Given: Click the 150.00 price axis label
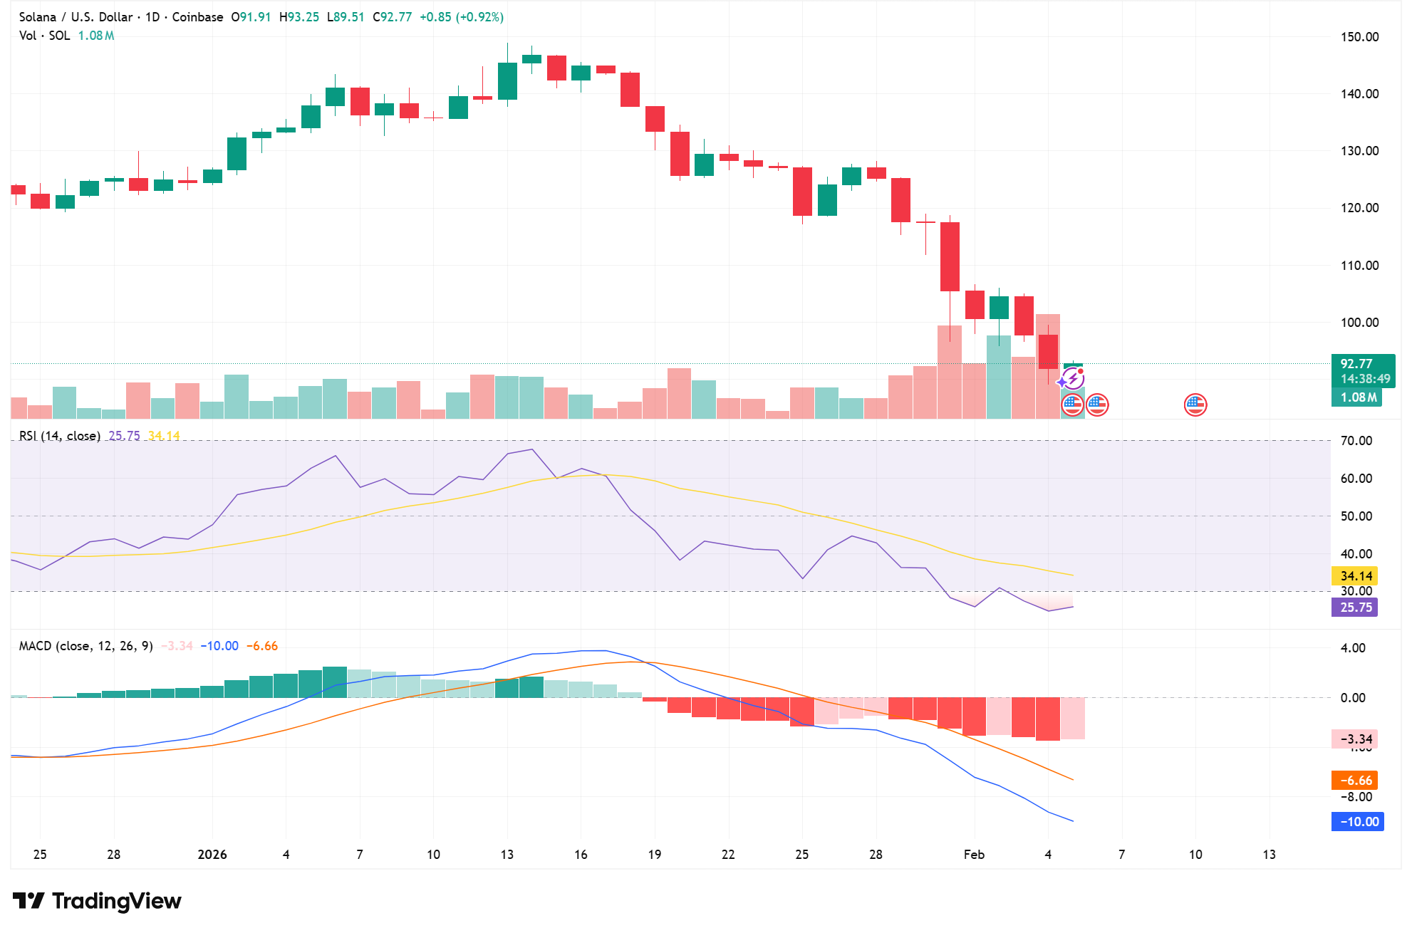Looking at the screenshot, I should coord(1359,37).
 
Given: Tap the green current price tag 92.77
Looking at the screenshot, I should coord(1356,363).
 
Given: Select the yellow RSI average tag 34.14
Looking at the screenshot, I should coord(1356,575).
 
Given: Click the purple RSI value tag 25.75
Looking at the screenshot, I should coord(1356,607).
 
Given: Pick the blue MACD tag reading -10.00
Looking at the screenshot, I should coord(1359,821).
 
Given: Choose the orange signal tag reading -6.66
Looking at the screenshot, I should coord(1356,780).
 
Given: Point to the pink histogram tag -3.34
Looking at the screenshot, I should coord(1356,739).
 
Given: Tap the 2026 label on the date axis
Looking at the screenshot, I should coord(212,854).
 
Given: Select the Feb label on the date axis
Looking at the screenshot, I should coord(974,854).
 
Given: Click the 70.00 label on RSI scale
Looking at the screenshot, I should coord(1356,441).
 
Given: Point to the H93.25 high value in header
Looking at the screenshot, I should coord(299,17).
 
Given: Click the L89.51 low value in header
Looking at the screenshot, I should coord(346,17).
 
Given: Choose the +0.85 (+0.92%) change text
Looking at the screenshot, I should coord(461,17).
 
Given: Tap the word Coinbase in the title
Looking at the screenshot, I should coord(197,17).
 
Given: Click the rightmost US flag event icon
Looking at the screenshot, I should coord(1195,405).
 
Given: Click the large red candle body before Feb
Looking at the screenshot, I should coord(950,256).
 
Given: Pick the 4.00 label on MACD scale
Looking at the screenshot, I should coord(1353,647).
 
